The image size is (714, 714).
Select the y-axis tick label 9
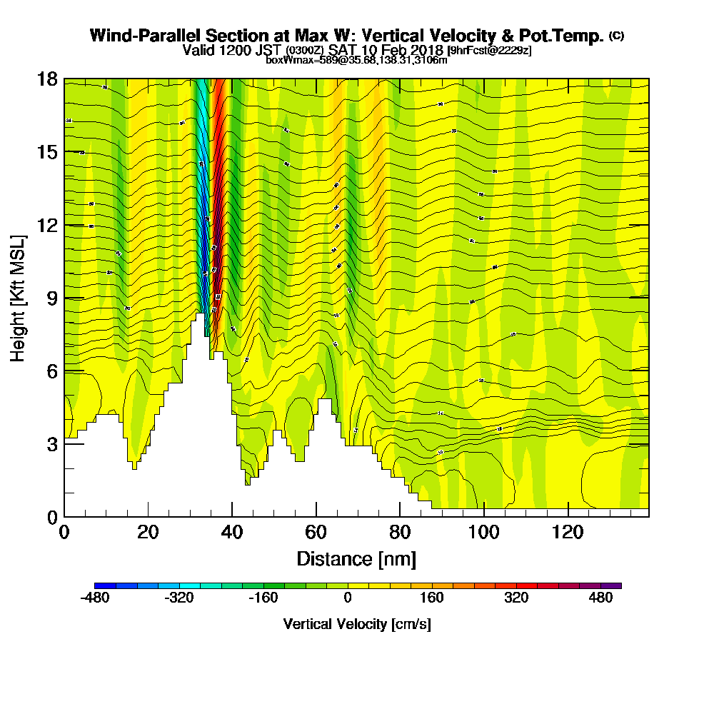tap(51, 298)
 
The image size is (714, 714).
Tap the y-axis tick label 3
tap(51, 444)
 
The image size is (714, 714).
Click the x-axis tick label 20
tap(148, 533)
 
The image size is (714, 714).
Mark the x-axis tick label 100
tap(483, 533)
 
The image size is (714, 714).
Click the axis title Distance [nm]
tap(356, 558)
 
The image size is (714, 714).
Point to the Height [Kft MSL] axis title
tap(19, 298)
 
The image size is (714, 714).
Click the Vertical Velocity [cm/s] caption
tap(357, 624)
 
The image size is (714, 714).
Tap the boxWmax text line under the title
tap(356, 60)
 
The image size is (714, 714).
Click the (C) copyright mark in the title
tap(616, 36)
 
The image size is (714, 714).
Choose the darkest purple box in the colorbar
tap(615, 585)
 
